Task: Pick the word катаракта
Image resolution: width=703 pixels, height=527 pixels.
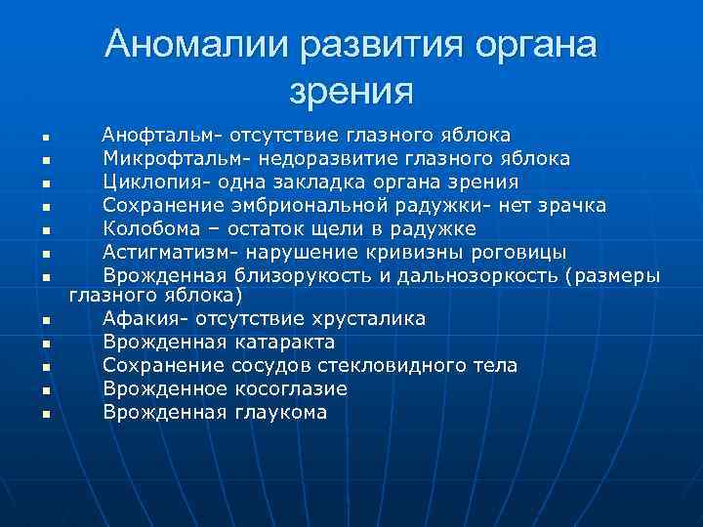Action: click(284, 343)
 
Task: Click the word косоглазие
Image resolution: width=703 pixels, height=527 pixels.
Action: click(292, 389)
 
